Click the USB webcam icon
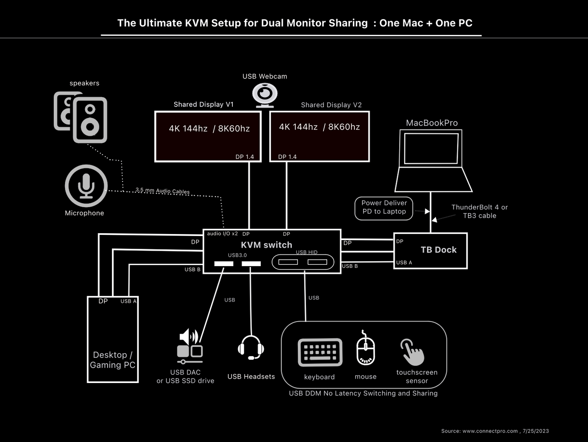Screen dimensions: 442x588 point(265,95)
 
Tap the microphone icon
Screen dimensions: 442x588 point(86,186)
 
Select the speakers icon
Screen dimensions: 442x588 point(81,117)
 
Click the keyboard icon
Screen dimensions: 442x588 point(320,352)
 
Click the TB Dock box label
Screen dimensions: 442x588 point(439,250)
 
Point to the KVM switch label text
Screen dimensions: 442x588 point(267,245)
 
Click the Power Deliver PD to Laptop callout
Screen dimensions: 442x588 point(384,208)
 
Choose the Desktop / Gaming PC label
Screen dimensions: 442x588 point(112,360)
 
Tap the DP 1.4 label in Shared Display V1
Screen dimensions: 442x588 point(245,157)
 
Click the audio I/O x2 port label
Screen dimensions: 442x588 point(222,234)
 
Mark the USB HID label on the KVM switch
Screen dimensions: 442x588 point(306,252)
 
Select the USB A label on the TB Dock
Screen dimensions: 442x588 point(404,263)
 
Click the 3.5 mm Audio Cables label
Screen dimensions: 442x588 point(162,190)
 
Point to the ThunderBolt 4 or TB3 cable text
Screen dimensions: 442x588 point(479,211)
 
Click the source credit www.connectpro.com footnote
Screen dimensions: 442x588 point(495,431)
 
